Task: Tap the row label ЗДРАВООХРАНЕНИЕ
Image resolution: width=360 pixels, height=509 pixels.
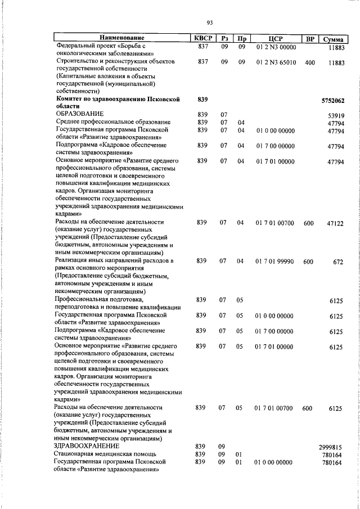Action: pos(86,445)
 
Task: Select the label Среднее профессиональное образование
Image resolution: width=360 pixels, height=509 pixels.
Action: pos(112,122)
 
